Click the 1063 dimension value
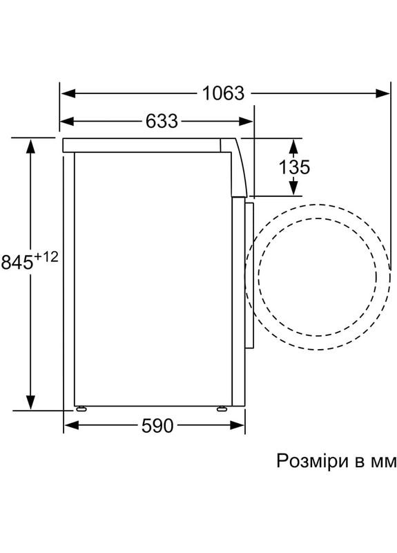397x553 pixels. tap(223, 94)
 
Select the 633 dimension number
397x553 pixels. tap(162, 122)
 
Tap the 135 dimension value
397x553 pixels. tap(294, 167)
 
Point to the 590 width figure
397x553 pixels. tap(157, 426)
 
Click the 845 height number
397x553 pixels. tap(17, 262)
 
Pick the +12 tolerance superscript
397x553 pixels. tap(46, 257)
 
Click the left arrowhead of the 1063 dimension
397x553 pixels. tap(68, 93)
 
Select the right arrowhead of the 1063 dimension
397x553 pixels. tap(383, 93)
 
